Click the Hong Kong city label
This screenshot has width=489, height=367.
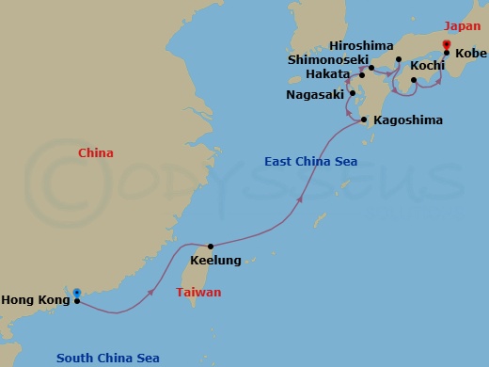35,300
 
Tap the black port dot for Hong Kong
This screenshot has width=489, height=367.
77,301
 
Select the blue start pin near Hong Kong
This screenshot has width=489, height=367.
77,293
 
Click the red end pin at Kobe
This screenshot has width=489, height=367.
446,43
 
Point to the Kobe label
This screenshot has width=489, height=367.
470,54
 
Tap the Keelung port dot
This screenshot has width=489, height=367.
211,246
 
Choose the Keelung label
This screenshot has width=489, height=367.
215,261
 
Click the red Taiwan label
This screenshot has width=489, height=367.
199,293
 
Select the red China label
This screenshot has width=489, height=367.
96,153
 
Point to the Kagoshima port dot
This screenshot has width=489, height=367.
363,120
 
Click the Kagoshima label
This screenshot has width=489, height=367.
407,121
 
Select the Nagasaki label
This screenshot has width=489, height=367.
315,94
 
